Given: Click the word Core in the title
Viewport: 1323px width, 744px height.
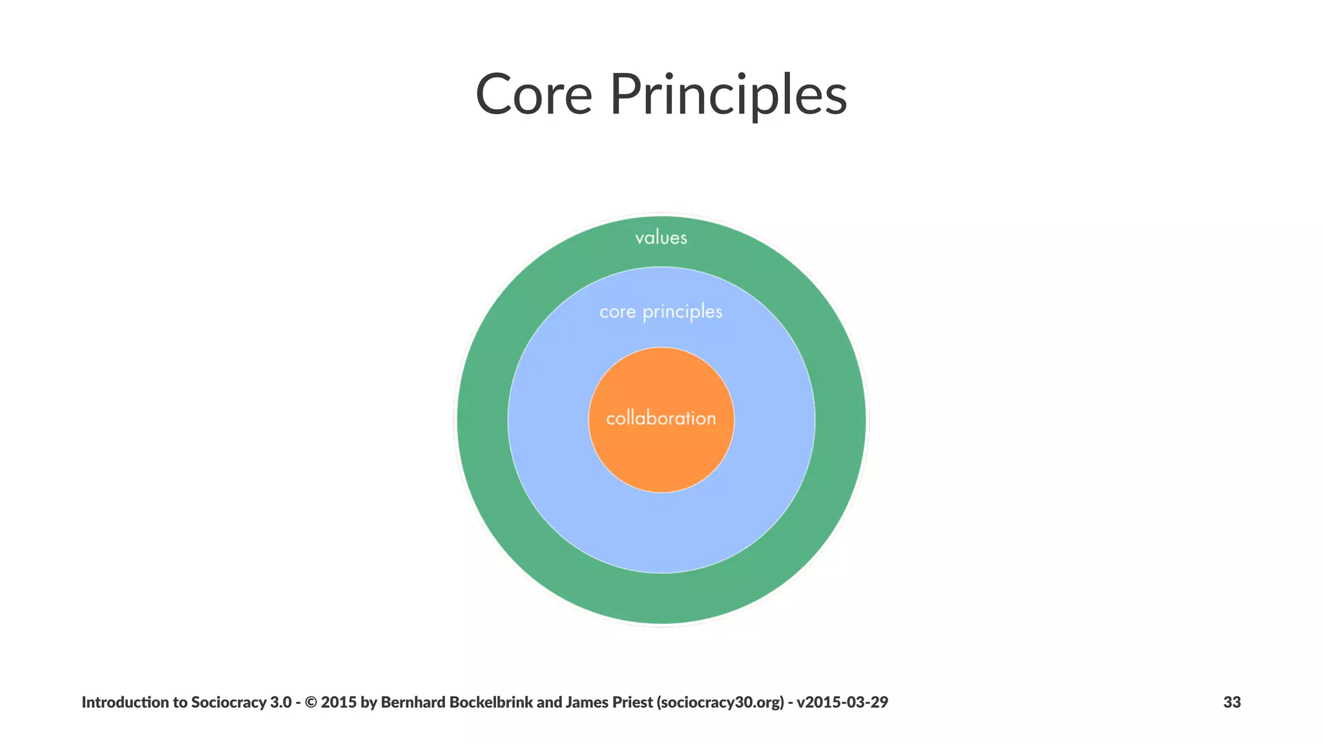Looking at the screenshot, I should [534, 94].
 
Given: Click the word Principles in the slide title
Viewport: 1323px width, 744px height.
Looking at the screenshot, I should [728, 96].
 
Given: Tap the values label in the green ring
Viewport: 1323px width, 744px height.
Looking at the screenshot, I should [661, 238].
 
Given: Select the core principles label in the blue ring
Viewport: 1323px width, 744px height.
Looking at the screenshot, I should [661, 312].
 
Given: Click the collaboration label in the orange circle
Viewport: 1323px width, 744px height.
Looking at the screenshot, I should [661, 418].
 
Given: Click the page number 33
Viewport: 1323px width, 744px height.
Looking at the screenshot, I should [1231, 702].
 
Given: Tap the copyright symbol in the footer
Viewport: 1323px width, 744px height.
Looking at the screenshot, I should [311, 702].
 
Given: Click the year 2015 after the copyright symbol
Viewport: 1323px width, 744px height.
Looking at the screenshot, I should [339, 702].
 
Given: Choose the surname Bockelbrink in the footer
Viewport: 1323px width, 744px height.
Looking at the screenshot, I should [491, 702].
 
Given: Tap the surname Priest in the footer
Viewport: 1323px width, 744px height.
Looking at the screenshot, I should [632, 702].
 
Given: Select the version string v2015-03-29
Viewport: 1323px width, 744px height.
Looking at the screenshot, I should [842, 702].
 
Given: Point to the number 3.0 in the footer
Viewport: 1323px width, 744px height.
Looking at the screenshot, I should [280, 702].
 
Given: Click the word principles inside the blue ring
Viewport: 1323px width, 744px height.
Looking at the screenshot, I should [682, 313].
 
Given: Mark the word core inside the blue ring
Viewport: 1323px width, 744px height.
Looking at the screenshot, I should [618, 313].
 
